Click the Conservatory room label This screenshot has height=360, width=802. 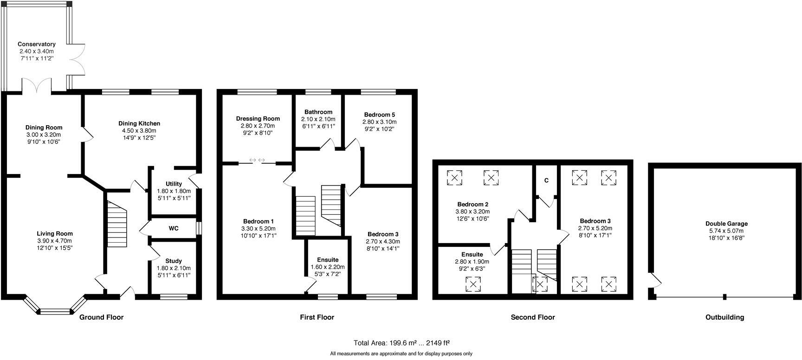pyautogui.click(x=37, y=44)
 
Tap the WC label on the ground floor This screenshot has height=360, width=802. pyautogui.click(x=174, y=228)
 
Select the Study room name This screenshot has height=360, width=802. pyautogui.click(x=174, y=261)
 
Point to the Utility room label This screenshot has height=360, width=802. pyautogui.click(x=174, y=184)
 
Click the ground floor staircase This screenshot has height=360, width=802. pyautogui.click(x=117, y=225)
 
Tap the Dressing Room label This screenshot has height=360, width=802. pyautogui.click(x=258, y=119)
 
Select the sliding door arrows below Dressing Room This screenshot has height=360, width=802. pyautogui.click(x=257, y=160)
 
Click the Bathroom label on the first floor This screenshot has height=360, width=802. pyautogui.click(x=318, y=112)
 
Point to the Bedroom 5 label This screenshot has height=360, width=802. pyautogui.click(x=379, y=115)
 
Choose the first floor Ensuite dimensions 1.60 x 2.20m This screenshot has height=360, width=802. pyautogui.click(x=328, y=267)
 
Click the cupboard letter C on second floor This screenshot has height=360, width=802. pyautogui.click(x=546, y=180)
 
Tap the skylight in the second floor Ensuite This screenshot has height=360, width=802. pyautogui.click(x=473, y=284)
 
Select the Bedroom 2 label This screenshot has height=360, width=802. pyautogui.click(x=472, y=204)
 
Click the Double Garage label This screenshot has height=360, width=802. pyautogui.click(x=726, y=224)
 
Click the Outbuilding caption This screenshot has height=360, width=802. pyautogui.click(x=724, y=317)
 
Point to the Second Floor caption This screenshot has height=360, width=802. pyautogui.click(x=533, y=317)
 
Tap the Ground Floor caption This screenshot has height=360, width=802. pyautogui.click(x=101, y=317)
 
